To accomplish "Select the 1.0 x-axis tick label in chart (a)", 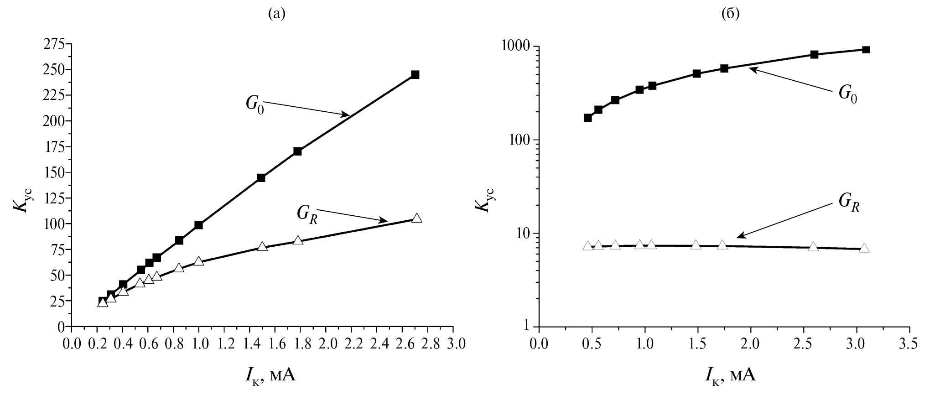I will tap(198, 343).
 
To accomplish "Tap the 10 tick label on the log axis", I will tap(522, 234).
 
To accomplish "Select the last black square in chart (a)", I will tap(415, 75).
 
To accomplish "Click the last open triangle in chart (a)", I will tap(416, 218).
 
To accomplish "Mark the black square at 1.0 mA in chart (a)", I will tap(198, 225).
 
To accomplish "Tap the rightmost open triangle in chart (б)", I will tap(864, 248).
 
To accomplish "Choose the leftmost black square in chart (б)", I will tap(587, 118).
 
